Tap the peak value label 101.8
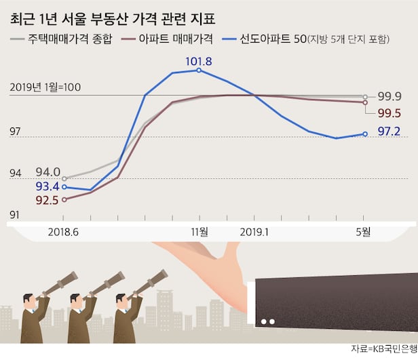198,61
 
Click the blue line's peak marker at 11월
198,70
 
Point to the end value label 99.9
389,96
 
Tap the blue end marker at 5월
365,134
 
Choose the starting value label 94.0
48,171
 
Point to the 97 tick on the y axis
16,131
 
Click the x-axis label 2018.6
63,231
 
